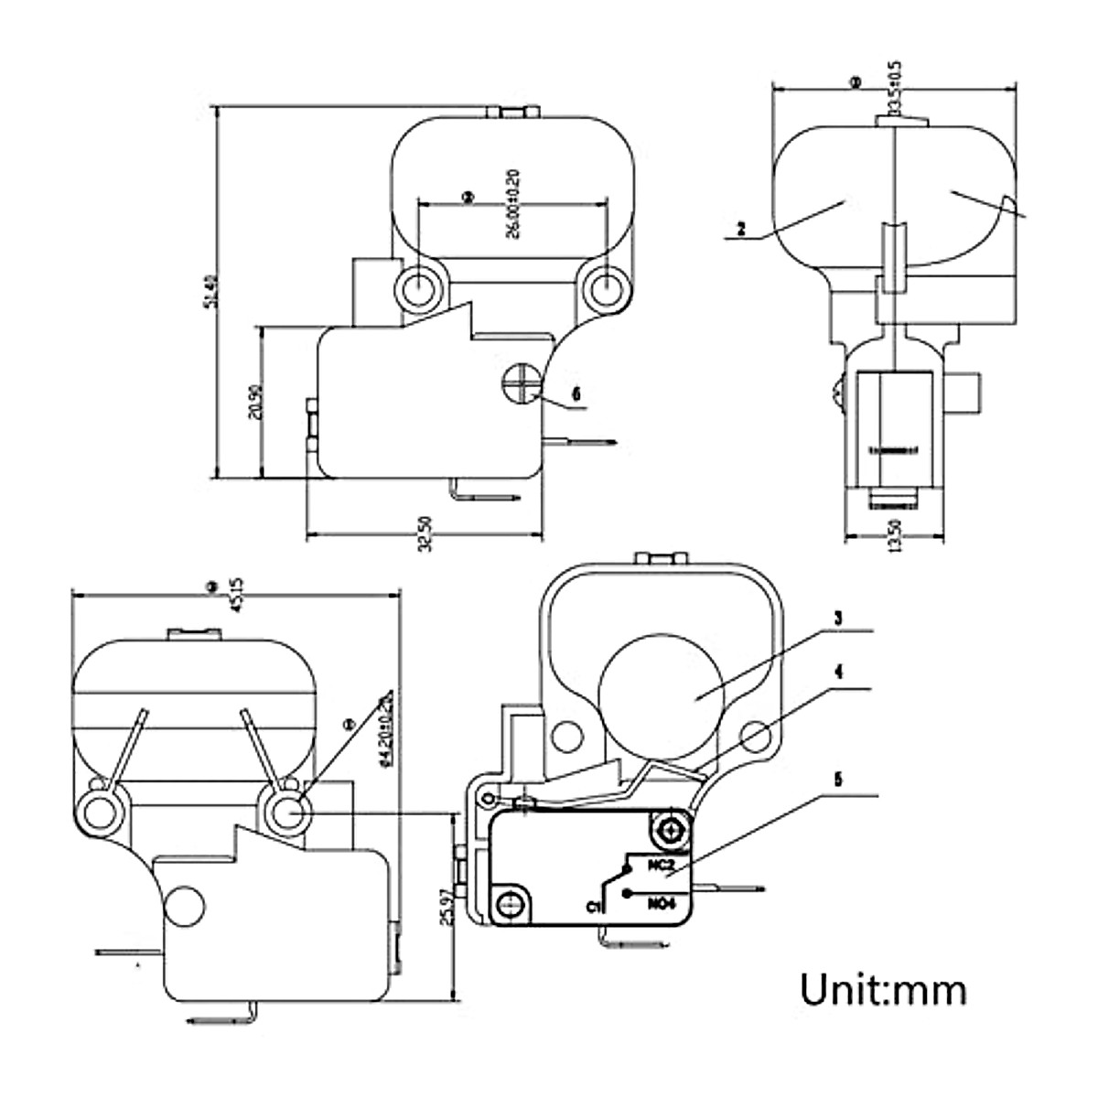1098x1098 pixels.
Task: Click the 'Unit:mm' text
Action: pos(883,990)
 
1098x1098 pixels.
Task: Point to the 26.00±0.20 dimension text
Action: pos(512,204)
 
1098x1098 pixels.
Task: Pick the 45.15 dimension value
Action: pos(235,594)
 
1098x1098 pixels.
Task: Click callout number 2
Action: pos(742,230)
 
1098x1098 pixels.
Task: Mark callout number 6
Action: pos(576,393)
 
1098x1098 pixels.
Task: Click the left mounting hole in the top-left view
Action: pos(417,286)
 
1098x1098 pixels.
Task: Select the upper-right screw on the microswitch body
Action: pos(672,829)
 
